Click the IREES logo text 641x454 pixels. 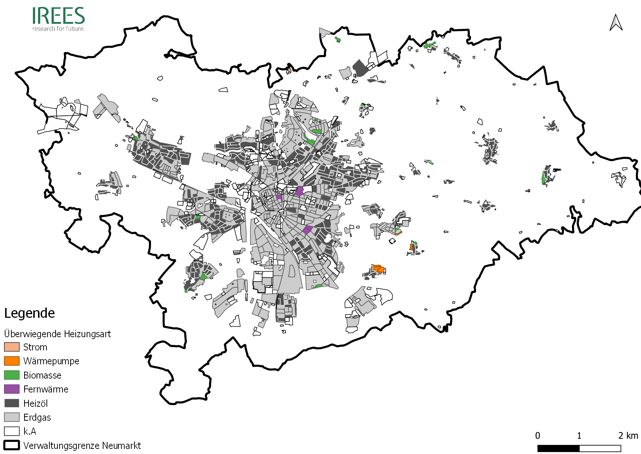pyautogui.click(x=59, y=16)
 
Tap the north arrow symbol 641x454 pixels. pyautogui.click(x=616, y=23)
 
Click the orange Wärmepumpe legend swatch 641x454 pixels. pyautogui.click(x=12, y=361)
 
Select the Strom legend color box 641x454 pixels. pyautogui.click(x=12, y=347)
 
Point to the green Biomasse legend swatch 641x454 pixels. pyautogui.click(x=12, y=375)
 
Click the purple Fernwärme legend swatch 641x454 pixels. pyautogui.click(x=12, y=389)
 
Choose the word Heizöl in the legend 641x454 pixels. pyautogui.click(x=35, y=403)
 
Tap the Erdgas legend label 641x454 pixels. pyautogui.click(x=37, y=417)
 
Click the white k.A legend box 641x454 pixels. pyautogui.click(x=12, y=431)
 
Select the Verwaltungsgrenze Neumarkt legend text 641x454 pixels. pyautogui.click(x=82, y=446)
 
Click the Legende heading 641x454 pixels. pyautogui.click(x=30, y=313)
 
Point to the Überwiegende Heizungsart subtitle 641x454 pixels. pyautogui.click(x=57, y=334)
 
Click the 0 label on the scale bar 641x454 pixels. pyautogui.click(x=538, y=436)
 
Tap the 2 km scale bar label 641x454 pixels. pyautogui.click(x=628, y=436)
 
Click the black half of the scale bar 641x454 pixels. pyautogui.click(x=558, y=449)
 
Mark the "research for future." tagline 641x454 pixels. pyautogui.click(x=59, y=29)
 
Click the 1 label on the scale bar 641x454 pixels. pyautogui.click(x=579, y=436)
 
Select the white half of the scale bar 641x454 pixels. pyautogui.click(x=600, y=449)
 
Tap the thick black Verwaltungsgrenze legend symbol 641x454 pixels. pyautogui.click(x=12, y=445)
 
